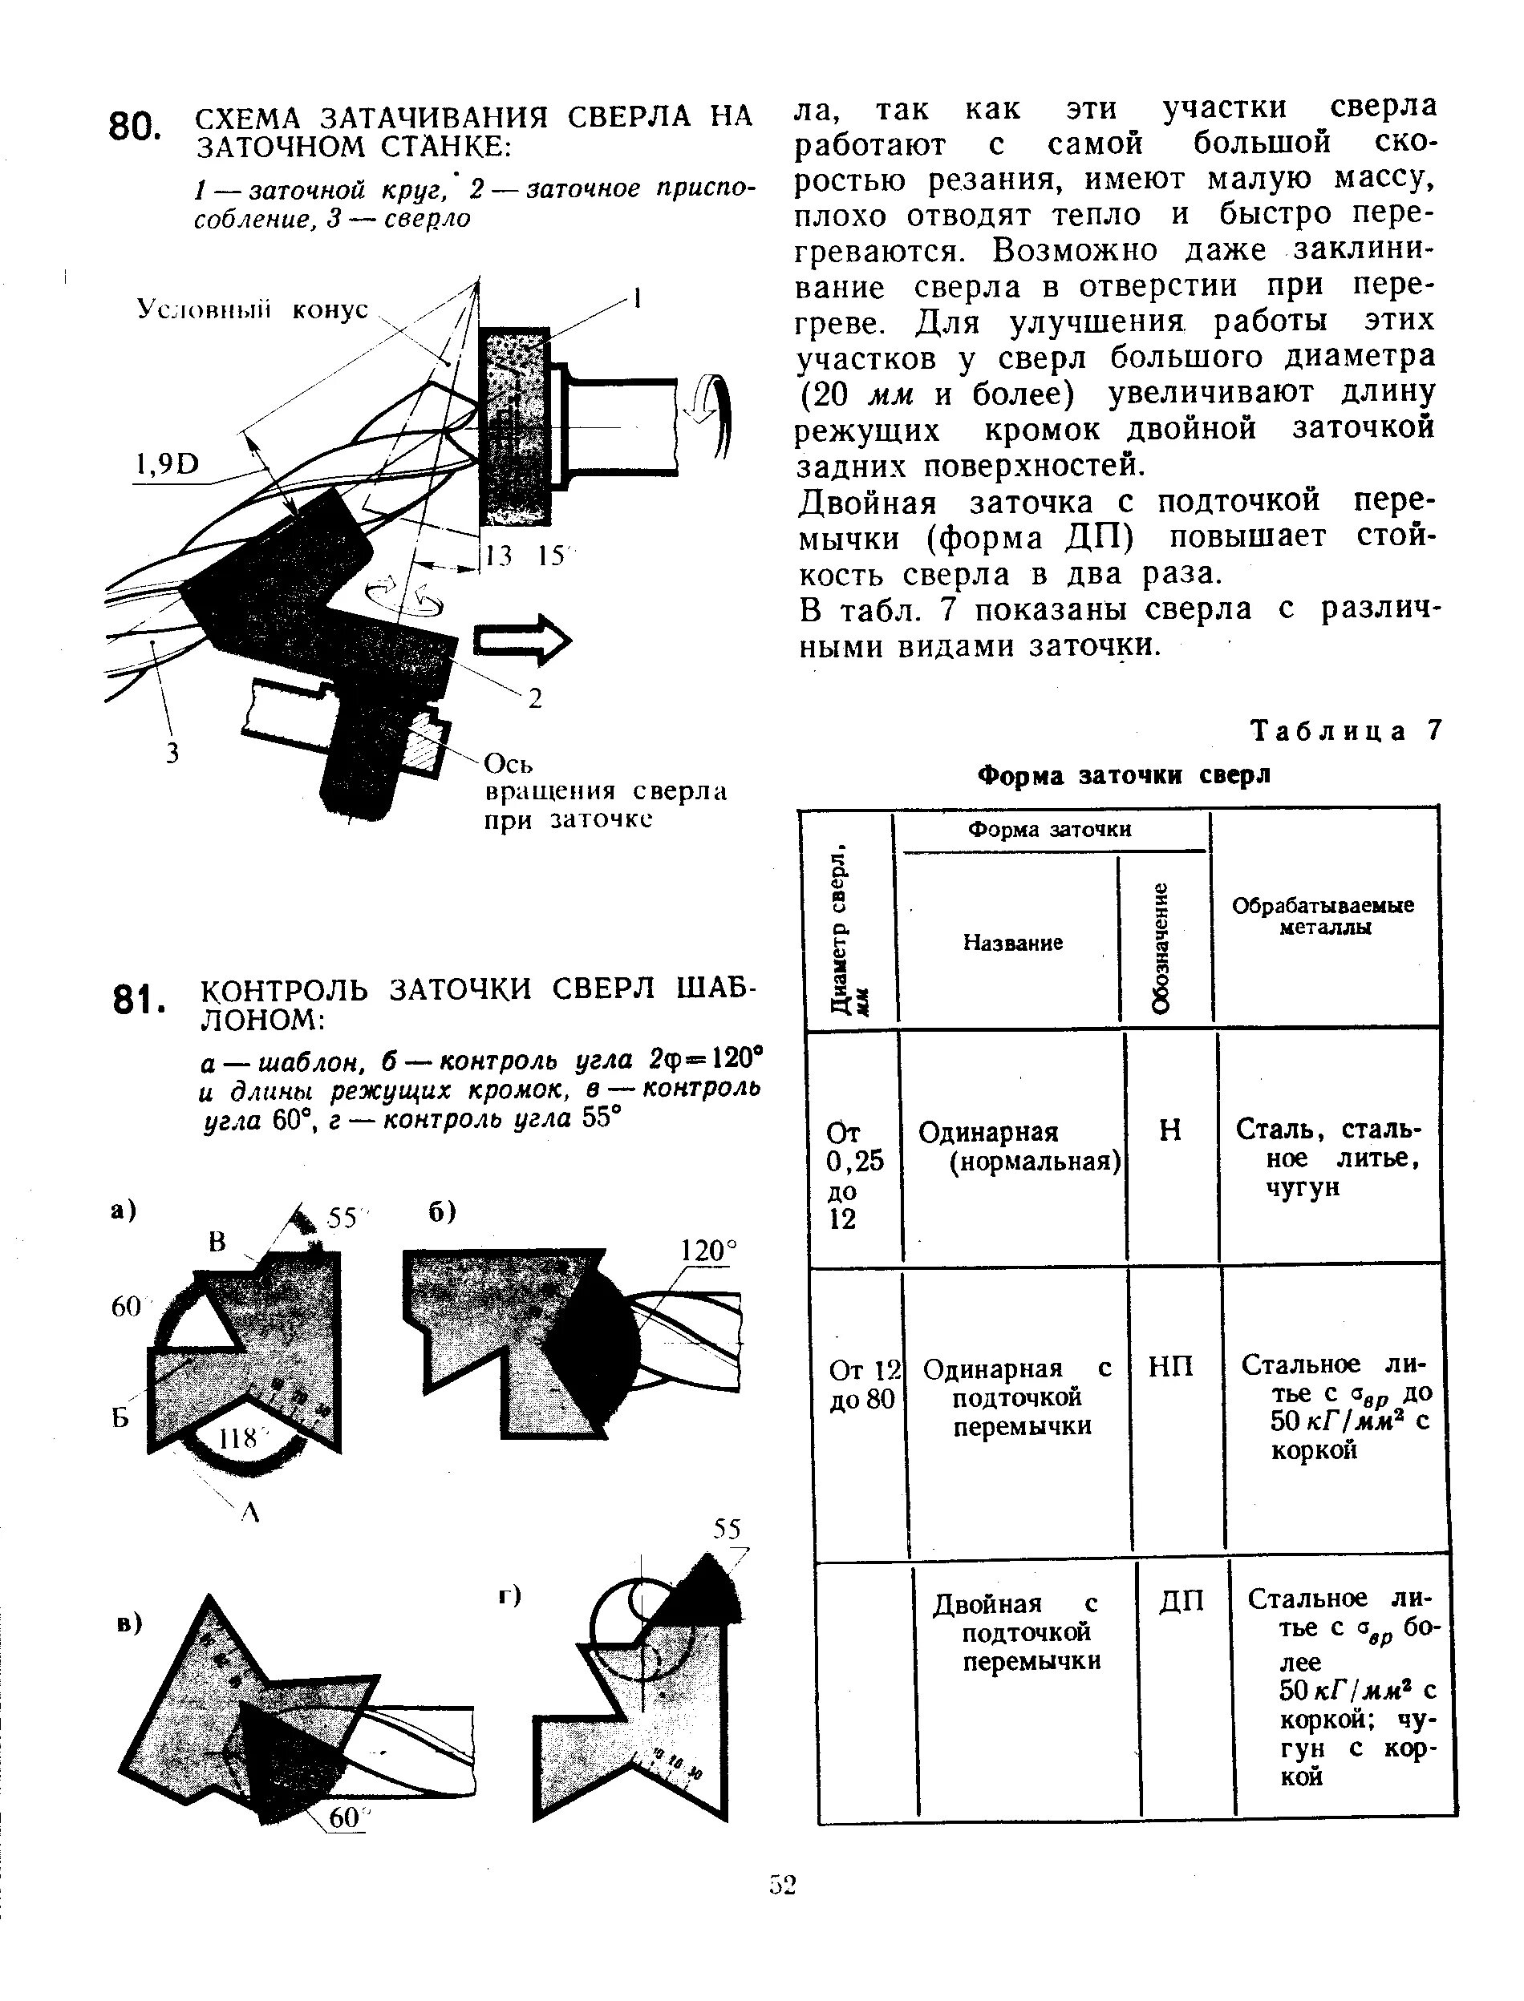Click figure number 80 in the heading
coord(133,127)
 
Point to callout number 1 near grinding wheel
coord(638,298)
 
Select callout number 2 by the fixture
coord(535,697)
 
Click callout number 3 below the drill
coord(172,753)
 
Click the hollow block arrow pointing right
coord(521,640)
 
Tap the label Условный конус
coord(252,309)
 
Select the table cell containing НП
coord(1170,1366)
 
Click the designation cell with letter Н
coord(1170,1130)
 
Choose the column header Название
coord(1012,943)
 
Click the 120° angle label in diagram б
coord(709,1251)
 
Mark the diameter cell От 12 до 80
coord(863,1384)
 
